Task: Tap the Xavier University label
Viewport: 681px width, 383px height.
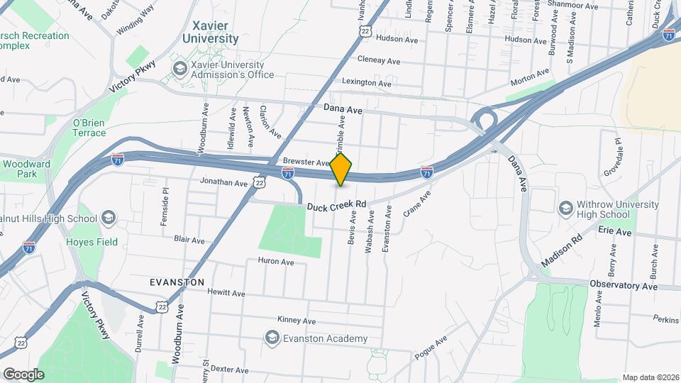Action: (x=211, y=32)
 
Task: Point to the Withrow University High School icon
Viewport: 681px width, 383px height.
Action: (x=566, y=209)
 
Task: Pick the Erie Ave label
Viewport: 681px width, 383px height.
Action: (x=614, y=232)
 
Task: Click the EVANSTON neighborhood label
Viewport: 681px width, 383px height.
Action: (x=177, y=282)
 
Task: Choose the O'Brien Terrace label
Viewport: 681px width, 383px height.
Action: (x=89, y=128)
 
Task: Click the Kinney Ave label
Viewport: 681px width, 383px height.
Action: (x=295, y=320)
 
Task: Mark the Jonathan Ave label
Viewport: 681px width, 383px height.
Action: (x=223, y=183)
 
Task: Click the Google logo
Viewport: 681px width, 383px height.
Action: (x=23, y=374)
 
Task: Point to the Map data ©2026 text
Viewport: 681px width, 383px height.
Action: (x=650, y=377)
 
